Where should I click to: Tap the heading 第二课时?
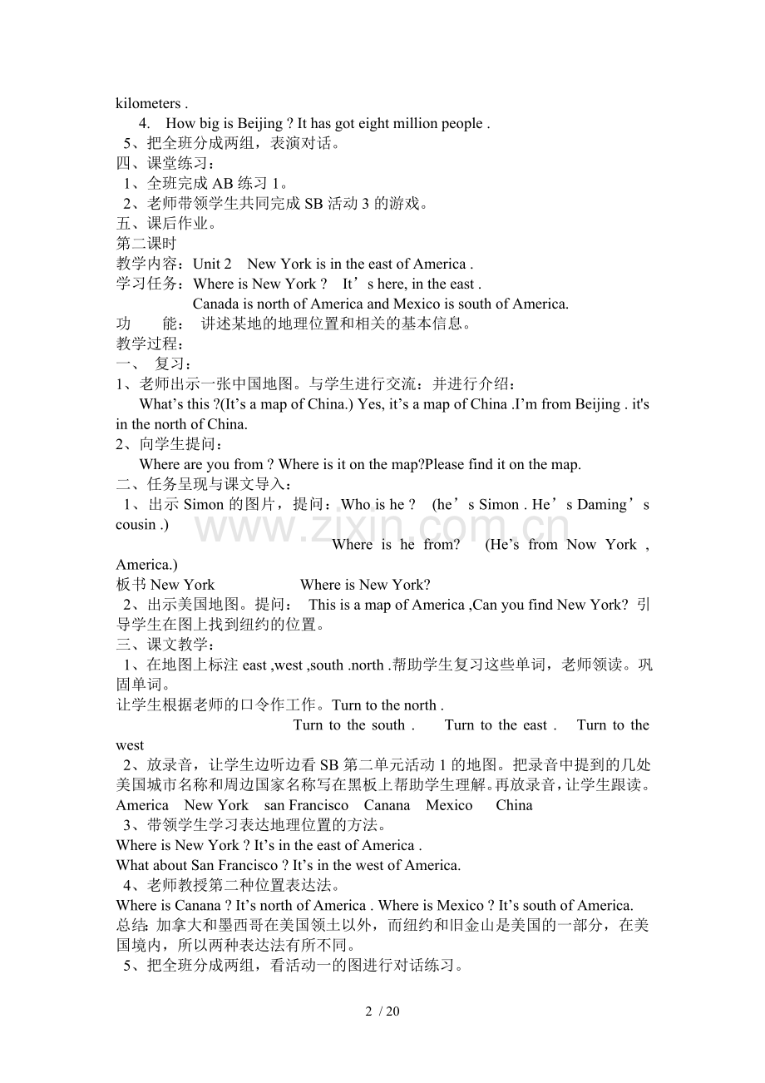pyautogui.click(x=146, y=244)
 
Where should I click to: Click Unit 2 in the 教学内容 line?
pyautogui.click(x=212, y=264)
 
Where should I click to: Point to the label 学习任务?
pyautogui.click(x=146, y=284)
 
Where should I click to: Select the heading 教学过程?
pyautogui.click(x=146, y=344)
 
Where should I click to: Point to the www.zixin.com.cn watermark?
pyautogui.click(x=382, y=528)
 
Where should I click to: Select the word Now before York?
pyautogui.click(x=581, y=545)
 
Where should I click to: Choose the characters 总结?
pyautogui.click(x=131, y=925)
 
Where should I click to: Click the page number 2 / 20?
pyautogui.click(x=382, y=1011)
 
